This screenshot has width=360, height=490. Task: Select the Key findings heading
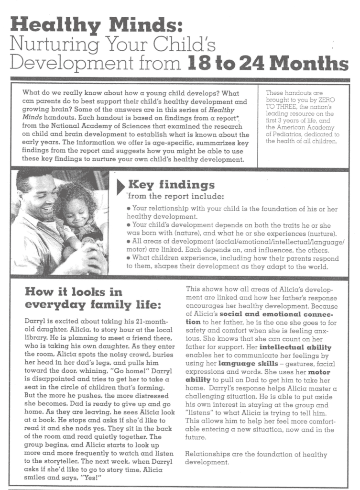[x=170, y=185]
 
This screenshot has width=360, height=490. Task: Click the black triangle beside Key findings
[x=120, y=187]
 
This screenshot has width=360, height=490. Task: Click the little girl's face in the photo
[x=76, y=211]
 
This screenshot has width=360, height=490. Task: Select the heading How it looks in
[x=73, y=291]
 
